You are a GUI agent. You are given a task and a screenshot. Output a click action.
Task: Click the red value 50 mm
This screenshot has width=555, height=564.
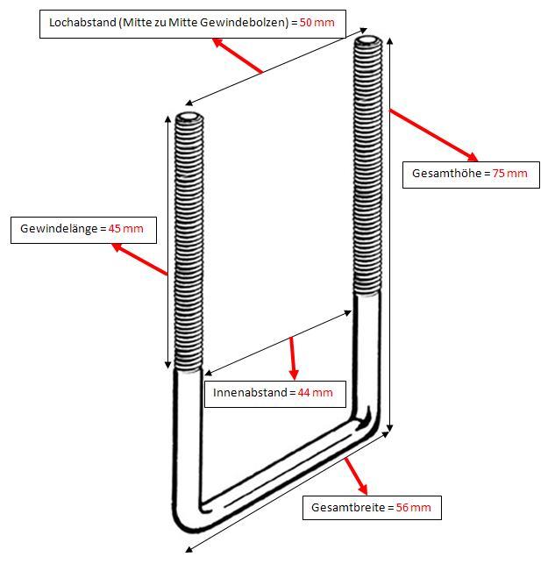[317, 22]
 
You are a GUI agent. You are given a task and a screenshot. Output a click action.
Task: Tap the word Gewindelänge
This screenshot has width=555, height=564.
[59, 230]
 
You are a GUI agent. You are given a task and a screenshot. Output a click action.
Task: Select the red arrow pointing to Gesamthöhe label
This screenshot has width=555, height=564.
[433, 135]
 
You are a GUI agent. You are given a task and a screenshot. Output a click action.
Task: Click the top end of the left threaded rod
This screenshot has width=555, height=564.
[188, 118]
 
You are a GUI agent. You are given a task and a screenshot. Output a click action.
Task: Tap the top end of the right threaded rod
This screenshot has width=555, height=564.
[367, 41]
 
